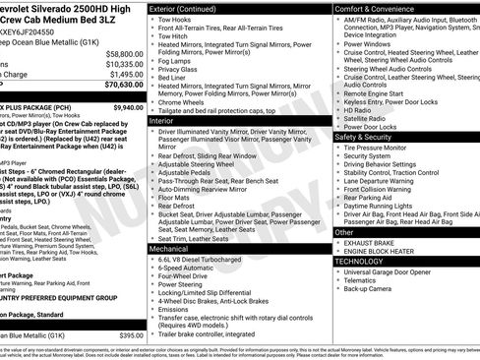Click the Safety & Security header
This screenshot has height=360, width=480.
369,137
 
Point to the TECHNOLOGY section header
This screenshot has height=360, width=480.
359,262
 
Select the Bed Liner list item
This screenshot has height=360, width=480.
175,78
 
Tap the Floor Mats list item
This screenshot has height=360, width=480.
175,197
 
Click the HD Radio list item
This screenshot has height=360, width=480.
357,109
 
